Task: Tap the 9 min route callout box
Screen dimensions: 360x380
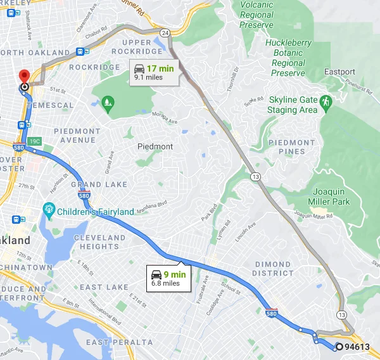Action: (x=168, y=278)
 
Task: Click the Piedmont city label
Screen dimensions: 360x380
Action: (x=155, y=146)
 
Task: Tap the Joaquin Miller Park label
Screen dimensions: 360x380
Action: (x=340, y=196)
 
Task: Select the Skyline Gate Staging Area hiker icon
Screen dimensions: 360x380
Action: (x=326, y=101)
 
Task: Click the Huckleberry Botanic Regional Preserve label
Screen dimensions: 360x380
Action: (x=288, y=58)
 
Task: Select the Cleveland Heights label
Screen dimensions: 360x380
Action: (x=100, y=242)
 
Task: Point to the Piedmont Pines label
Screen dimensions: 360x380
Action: (x=292, y=147)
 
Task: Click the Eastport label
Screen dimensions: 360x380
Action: (x=339, y=72)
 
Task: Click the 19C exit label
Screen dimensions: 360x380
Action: (x=35, y=140)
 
